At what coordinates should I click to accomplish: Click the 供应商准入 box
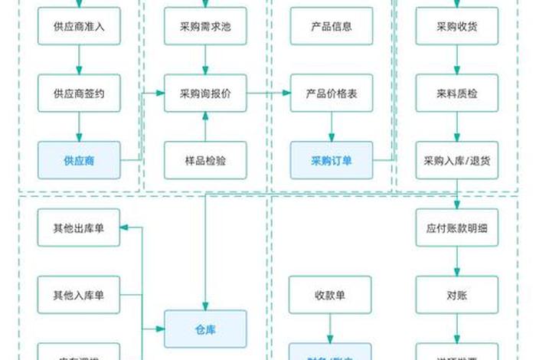(x=79, y=26)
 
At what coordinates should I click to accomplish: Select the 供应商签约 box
(x=79, y=93)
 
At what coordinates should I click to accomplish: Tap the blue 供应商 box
(x=79, y=160)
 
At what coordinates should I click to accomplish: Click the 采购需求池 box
(x=205, y=26)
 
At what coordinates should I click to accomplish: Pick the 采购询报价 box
(x=205, y=93)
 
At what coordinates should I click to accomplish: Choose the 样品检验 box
(x=205, y=160)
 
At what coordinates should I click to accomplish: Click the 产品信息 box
(x=331, y=26)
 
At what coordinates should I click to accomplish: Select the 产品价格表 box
(x=331, y=93)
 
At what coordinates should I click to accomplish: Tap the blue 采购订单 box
(x=331, y=160)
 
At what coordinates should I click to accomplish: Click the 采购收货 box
(x=457, y=26)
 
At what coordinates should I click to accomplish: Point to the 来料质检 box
(x=457, y=93)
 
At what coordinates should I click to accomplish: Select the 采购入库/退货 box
(x=457, y=160)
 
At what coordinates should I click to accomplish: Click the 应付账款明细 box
(x=457, y=227)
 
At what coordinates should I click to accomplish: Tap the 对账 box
(x=457, y=294)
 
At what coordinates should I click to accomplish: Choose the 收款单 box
(x=331, y=294)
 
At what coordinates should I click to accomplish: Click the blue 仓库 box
(x=205, y=329)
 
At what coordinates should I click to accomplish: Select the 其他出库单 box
(x=79, y=227)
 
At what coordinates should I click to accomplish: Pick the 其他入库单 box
(x=79, y=294)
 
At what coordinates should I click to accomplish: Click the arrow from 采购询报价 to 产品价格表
(x=268, y=93)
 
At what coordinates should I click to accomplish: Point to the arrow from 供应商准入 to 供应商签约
(x=79, y=60)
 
